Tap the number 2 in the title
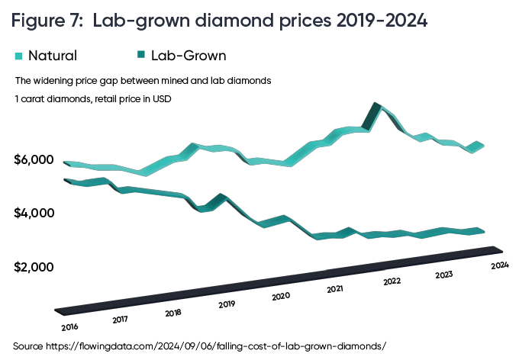pyautogui.click(x=77, y=22)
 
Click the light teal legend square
pyautogui.click(x=18, y=55)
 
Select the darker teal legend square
pyautogui.click(x=140, y=55)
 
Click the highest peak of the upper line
pyautogui.click(x=376, y=104)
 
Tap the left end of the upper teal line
pyautogui.click(x=66, y=163)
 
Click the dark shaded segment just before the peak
pyautogui.click(x=372, y=116)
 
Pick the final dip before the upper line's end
pyautogui.click(x=471, y=151)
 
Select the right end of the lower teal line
pyautogui.click(x=484, y=230)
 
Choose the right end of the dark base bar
pyautogui.click(x=500, y=249)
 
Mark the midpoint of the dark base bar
pyautogui.click(x=279, y=280)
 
